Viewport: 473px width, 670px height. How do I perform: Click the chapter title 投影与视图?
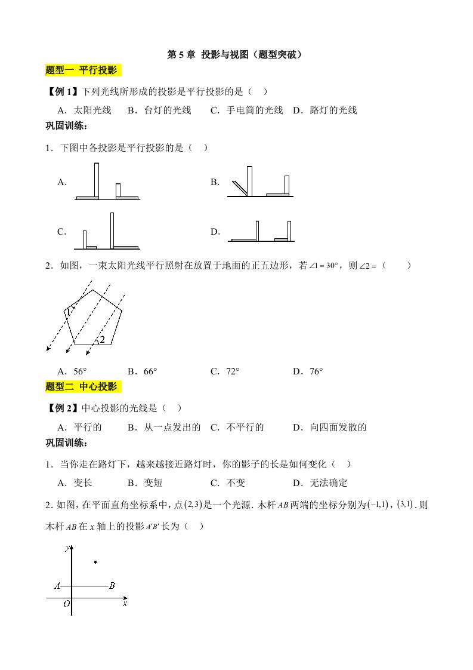pyautogui.click(x=236, y=54)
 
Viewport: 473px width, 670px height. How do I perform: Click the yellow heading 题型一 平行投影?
pyautogui.click(x=82, y=70)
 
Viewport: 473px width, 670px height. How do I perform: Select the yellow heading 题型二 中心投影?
pyautogui.click(x=82, y=387)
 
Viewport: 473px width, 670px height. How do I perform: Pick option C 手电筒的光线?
pyautogui.click(x=246, y=110)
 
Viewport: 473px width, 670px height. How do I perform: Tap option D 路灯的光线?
pyautogui.click(x=324, y=110)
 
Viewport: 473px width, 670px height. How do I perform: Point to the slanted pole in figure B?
pyautogui.click(x=240, y=187)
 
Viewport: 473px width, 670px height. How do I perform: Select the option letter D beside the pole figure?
pyautogui.click(x=215, y=232)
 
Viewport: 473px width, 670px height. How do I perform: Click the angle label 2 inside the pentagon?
pyautogui.click(x=102, y=339)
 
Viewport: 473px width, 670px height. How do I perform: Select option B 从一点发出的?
pyautogui.click(x=172, y=427)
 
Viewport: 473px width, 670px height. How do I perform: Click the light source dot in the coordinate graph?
pyautogui.click(x=95, y=562)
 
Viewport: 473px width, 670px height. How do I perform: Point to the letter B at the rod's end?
pyautogui.click(x=112, y=586)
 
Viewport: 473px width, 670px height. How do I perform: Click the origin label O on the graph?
pyautogui.click(x=67, y=604)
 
